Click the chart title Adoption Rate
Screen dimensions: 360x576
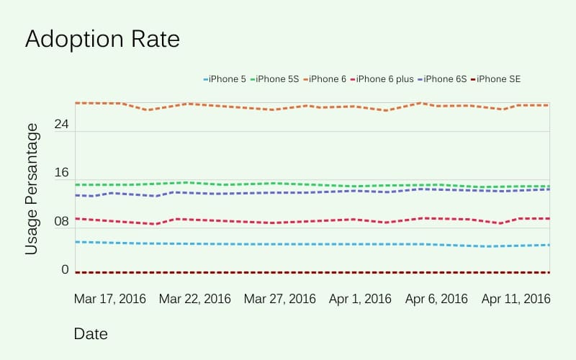pyautogui.click(x=102, y=40)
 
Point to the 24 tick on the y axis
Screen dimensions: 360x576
pyautogui.click(x=61, y=125)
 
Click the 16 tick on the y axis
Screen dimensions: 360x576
pyautogui.click(x=61, y=174)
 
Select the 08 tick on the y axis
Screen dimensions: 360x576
pyautogui.click(x=61, y=222)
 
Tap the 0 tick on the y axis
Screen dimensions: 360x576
pyautogui.click(x=65, y=270)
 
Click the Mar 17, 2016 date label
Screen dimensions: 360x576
pyautogui.click(x=110, y=299)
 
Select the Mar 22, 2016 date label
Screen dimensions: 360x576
pyautogui.click(x=195, y=299)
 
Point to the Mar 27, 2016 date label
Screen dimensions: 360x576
pyautogui.click(x=280, y=299)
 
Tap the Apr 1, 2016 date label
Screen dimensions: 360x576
pyautogui.click(x=361, y=299)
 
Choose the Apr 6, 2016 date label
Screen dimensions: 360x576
pyautogui.click(x=436, y=299)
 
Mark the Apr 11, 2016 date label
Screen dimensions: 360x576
pyautogui.click(x=516, y=299)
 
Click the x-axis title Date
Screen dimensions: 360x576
pyautogui.click(x=91, y=334)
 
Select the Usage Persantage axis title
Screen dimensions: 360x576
pyautogui.click(x=32, y=189)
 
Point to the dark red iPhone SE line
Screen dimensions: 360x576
pyautogui.click(x=310, y=272)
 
